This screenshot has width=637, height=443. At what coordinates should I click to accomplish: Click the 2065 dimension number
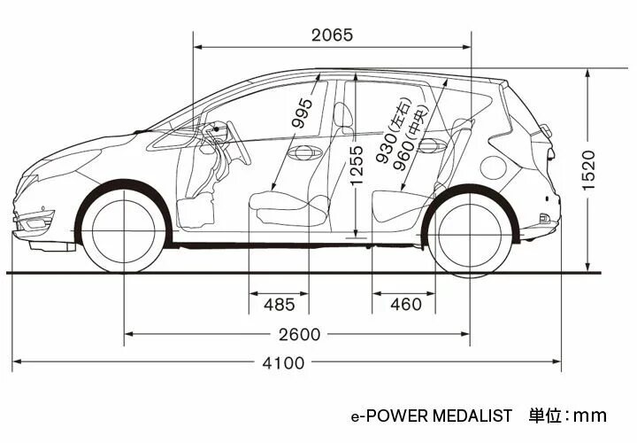click(332, 35)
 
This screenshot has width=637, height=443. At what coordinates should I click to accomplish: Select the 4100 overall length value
click(283, 362)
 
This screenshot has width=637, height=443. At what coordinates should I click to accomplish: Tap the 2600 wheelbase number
click(298, 334)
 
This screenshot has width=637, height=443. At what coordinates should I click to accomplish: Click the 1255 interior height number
click(356, 167)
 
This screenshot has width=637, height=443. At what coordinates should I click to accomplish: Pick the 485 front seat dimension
click(280, 305)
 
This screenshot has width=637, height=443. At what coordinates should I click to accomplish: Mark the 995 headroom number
click(303, 113)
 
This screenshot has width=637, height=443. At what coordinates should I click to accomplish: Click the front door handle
click(303, 152)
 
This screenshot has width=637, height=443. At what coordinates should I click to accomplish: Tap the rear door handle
click(431, 147)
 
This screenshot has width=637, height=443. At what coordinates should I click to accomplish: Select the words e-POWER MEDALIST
click(431, 415)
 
